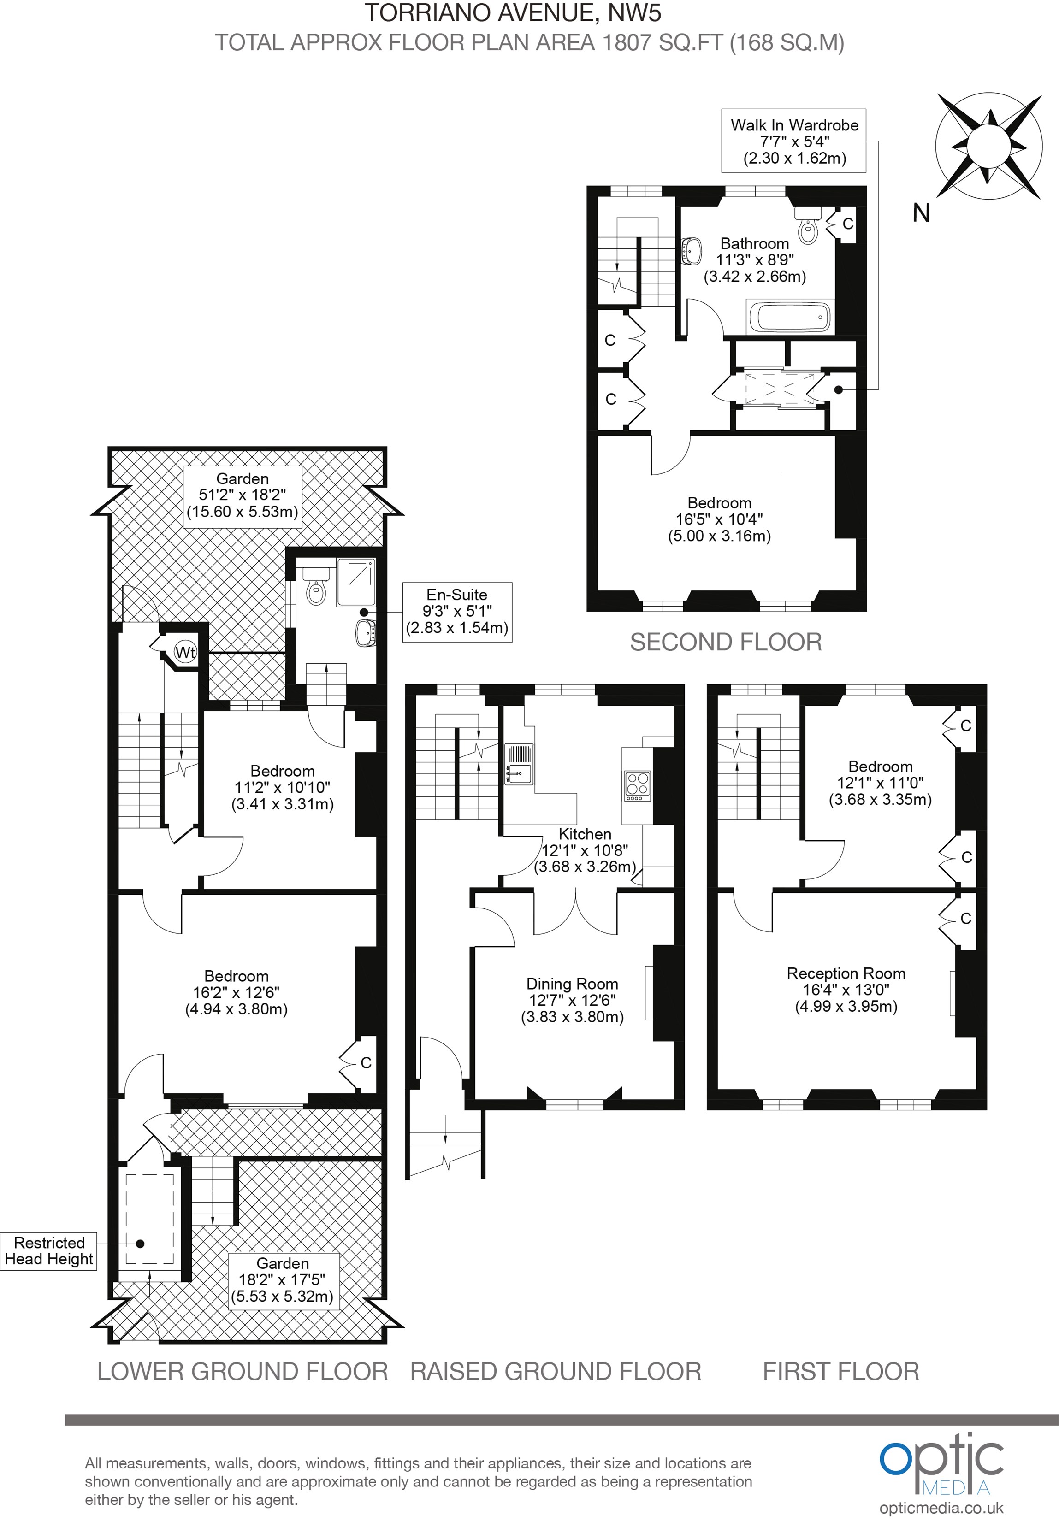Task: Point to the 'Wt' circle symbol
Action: (x=185, y=653)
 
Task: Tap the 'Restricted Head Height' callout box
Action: (x=49, y=1251)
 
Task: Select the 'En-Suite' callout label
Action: (x=457, y=612)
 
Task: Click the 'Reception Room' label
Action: (x=846, y=973)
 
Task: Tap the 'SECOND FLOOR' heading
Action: (x=726, y=642)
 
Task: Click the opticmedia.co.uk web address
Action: (x=941, y=1509)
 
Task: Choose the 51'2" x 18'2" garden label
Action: (x=243, y=495)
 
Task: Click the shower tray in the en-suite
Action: (x=356, y=582)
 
